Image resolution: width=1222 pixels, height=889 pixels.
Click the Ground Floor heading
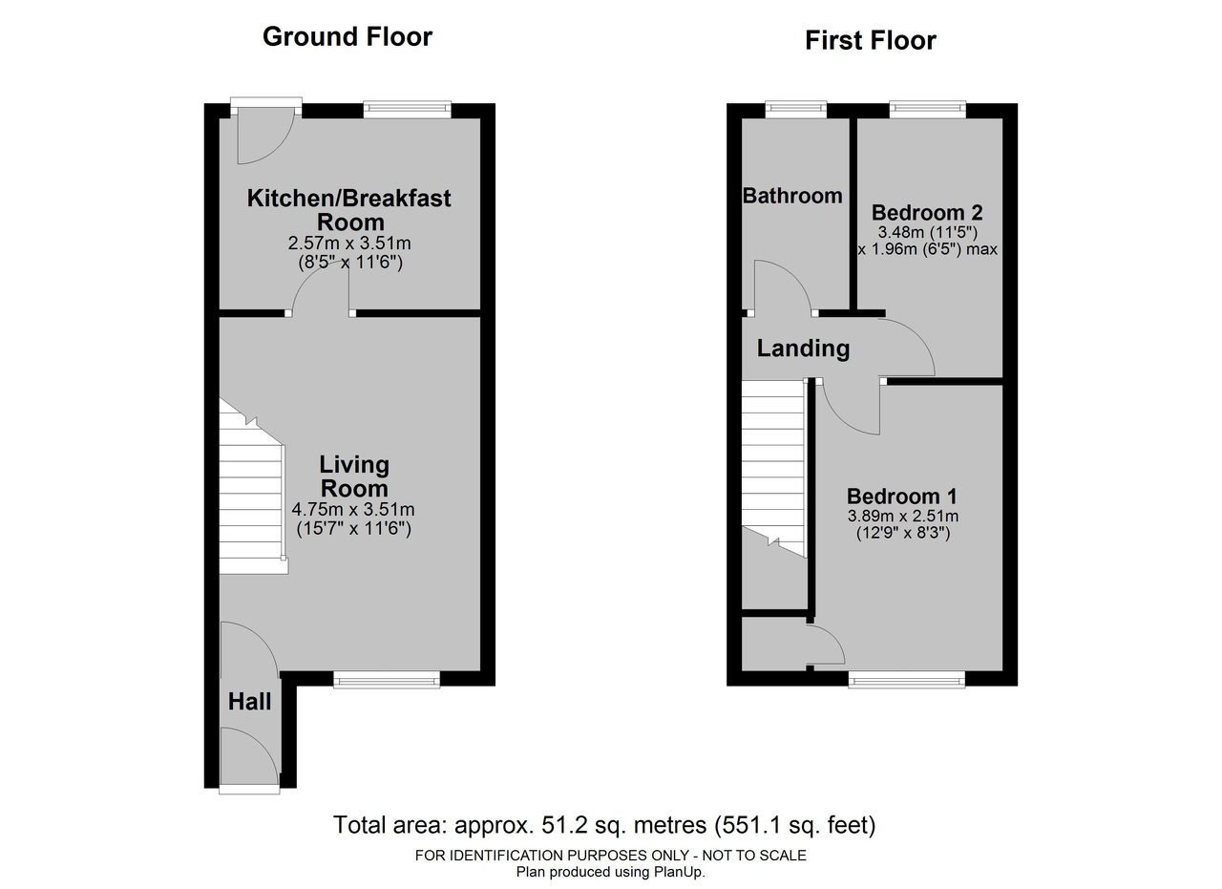pyautogui.click(x=348, y=37)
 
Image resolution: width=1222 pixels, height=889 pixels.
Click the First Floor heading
pyautogui.click(x=871, y=41)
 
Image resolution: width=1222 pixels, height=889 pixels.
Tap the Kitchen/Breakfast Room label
pyautogui.click(x=349, y=210)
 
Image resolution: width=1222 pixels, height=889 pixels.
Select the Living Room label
pyautogui.click(x=354, y=476)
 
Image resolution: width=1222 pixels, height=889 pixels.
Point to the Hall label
pyautogui.click(x=249, y=702)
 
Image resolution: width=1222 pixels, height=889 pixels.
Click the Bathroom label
pyautogui.click(x=792, y=196)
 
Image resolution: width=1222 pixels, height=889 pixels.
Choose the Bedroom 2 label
pyautogui.click(x=927, y=212)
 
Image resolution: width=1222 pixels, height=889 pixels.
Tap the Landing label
pyautogui.click(x=803, y=349)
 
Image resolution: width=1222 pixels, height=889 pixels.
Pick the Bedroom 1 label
pyautogui.click(x=902, y=497)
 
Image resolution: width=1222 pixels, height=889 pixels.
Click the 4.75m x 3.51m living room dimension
pyautogui.click(x=353, y=510)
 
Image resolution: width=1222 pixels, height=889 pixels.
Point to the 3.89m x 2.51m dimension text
pyautogui.click(x=903, y=516)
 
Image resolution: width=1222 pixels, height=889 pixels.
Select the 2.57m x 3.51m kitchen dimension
pyautogui.click(x=349, y=243)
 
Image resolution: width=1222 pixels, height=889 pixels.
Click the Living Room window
pyautogui.click(x=387, y=680)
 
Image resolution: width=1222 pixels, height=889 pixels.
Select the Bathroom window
pyautogui.click(x=796, y=110)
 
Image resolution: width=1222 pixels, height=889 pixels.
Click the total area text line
pyautogui.click(x=604, y=826)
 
